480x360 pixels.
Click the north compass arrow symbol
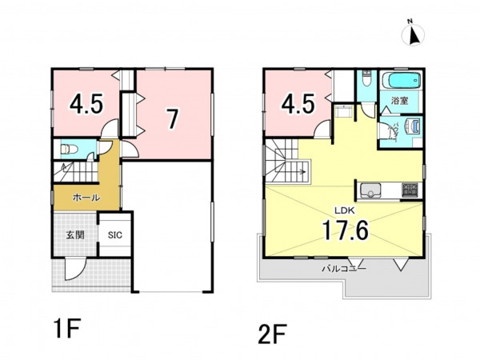[413, 34]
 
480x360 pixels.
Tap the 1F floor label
[67, 329]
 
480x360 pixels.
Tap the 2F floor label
[272, 334]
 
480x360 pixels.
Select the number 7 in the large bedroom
[173, 119]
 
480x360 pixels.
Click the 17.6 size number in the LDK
[346, 230]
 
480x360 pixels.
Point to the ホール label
[86, 198]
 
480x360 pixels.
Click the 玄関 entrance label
[75, 235]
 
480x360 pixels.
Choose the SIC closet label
[114, 235]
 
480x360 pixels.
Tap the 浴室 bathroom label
[400, 101]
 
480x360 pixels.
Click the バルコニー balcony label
[344, 269]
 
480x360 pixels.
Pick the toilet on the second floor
[366, 78]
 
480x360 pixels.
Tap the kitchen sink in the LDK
[370, 190]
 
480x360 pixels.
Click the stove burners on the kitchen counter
[410, 190]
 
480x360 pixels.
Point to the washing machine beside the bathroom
[412, 126]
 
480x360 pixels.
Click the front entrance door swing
[74, 269]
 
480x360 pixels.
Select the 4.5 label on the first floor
[86, 104]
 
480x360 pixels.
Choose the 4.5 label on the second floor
[298, 104]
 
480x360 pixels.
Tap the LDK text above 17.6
[344, 210]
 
